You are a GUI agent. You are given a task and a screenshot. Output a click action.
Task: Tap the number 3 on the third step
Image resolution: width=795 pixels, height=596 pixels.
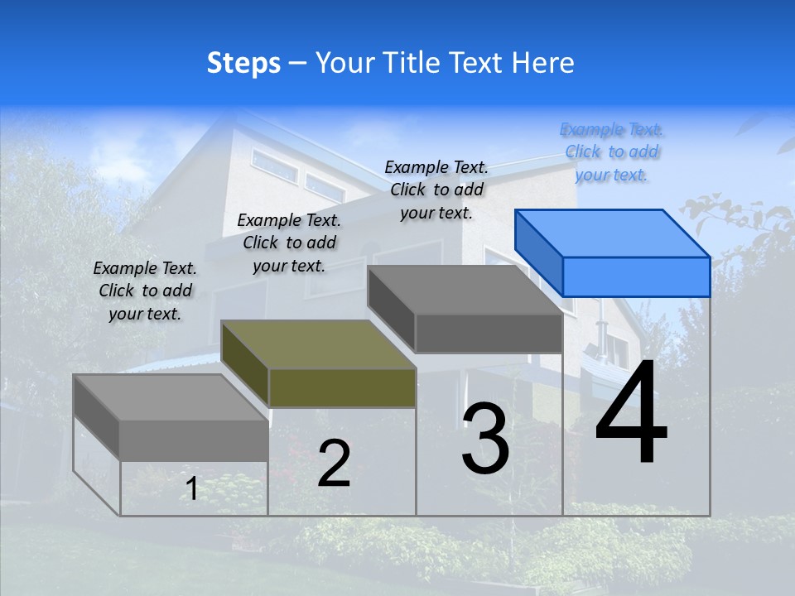485,438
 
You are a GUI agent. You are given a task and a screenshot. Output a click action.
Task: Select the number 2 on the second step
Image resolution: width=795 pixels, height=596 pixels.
334,464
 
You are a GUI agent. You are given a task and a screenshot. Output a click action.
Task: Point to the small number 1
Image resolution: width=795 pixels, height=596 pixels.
191,488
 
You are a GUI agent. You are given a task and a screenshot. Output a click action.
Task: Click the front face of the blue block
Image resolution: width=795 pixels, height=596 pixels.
636,276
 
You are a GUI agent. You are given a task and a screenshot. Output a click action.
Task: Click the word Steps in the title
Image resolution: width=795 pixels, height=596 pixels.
243,63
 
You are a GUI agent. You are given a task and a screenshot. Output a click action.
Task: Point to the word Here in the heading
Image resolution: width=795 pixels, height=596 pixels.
542,63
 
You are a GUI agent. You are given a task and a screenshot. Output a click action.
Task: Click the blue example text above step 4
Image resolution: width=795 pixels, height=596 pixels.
612,151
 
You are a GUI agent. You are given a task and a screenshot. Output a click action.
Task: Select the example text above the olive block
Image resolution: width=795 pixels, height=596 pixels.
289,243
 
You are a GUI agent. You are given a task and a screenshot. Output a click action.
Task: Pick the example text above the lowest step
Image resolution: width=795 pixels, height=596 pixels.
145,291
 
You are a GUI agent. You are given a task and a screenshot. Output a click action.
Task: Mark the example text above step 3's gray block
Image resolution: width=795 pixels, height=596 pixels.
436,190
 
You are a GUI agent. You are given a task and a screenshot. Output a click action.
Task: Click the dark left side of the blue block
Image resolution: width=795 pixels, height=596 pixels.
538,252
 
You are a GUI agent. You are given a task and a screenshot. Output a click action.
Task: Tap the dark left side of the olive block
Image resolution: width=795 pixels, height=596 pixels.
245,363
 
